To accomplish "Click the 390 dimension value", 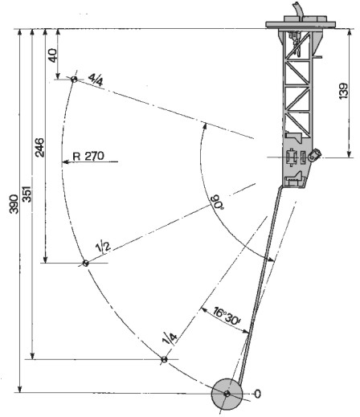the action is [x=14, y=204].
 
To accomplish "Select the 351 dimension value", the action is [x=27, y=194].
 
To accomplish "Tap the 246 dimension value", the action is [x=40, y=147].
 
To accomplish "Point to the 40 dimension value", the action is [x=53, y=55].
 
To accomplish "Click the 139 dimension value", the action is [x=344, y=91].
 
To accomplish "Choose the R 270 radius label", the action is [x=88, y=156].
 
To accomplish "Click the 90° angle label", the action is [x=219, y=203].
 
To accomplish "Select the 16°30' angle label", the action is [x=227, y=317].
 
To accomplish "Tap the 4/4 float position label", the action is [x=96, y=80].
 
